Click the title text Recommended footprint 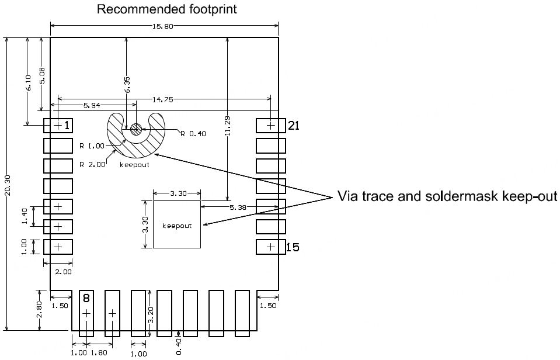[166, 9]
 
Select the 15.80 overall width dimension [164, 26]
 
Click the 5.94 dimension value [93, 106]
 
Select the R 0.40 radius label [193, 134]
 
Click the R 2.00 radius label [92, 165]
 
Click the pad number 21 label [293, 125]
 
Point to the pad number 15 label [293, 248]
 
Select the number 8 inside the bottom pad [86, 299]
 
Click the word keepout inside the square [177, 226]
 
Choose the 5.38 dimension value [238, 207]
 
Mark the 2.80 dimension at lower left [39, 310]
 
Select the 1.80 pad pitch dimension [99, 353]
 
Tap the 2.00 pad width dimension [62, 272]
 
